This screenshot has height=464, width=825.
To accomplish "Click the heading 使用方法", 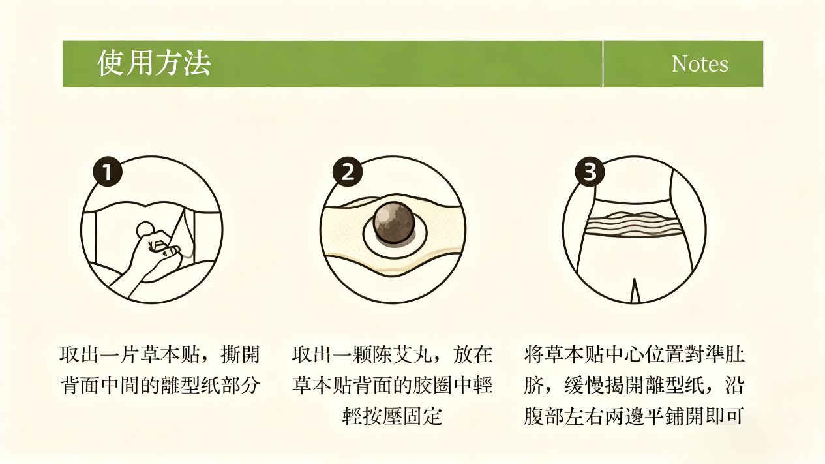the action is [x=154, y=63].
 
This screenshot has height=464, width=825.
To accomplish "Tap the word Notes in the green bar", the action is [x=700, y=64].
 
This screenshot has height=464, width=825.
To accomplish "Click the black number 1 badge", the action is [x=108, y=172].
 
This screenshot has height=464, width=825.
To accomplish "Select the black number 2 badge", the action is [x=348, y=172].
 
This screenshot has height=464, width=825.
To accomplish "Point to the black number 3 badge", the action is [x=590, y=172].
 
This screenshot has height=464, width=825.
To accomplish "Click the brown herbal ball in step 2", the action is [x=394, y=223].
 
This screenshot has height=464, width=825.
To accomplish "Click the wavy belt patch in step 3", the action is [x=633, y=224].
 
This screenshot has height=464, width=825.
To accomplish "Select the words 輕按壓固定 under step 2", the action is [x=392, y=416].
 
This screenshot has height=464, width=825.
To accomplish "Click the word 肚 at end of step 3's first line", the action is [x=735, y=354].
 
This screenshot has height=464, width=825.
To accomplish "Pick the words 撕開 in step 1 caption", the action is [x=240, y=354].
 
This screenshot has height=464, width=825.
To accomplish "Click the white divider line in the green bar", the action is [x=603, y=64].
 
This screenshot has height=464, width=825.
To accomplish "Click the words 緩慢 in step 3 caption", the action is [x=584, y=386].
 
